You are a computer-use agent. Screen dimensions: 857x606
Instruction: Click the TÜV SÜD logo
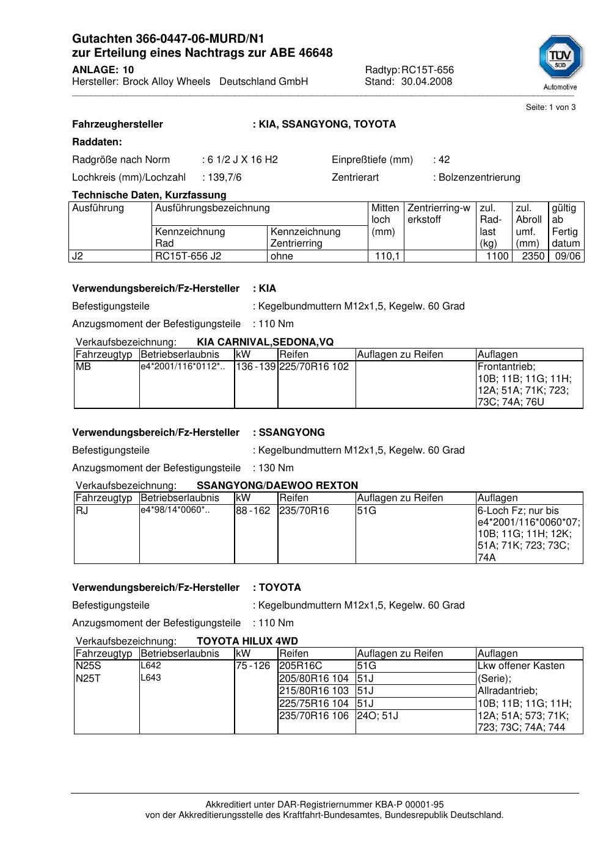560,59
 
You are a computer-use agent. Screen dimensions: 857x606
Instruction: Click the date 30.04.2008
426,82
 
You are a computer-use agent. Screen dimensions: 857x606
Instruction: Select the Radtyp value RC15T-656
428,70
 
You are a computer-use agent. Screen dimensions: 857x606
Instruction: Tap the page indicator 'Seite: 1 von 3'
550,107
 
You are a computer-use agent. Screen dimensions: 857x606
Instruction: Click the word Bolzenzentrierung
480,178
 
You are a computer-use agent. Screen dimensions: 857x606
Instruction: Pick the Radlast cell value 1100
497,256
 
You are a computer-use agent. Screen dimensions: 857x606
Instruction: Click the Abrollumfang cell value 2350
533,256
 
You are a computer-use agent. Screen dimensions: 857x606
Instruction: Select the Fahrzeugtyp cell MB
83,367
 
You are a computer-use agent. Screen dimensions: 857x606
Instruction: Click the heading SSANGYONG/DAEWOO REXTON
277,486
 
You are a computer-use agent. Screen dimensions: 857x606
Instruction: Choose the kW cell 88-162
253,511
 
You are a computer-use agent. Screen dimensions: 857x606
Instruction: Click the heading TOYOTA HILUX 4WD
247,642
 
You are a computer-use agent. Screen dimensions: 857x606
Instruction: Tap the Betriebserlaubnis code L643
151,678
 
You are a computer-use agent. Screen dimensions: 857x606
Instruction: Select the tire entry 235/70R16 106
314,715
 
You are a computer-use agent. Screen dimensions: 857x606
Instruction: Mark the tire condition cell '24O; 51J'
378,715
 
